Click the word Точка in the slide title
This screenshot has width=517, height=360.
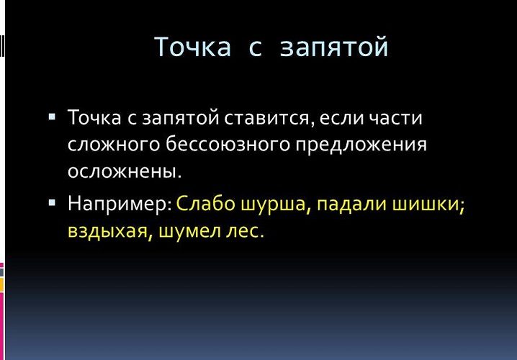click(192, 47)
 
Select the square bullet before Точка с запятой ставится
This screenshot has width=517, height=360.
click(52, 117)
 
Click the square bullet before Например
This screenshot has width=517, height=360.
click(52, 202)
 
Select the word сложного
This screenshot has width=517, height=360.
click(114, 145)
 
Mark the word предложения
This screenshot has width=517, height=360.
click(361, 145)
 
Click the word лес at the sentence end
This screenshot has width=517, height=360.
click(243, 231)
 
